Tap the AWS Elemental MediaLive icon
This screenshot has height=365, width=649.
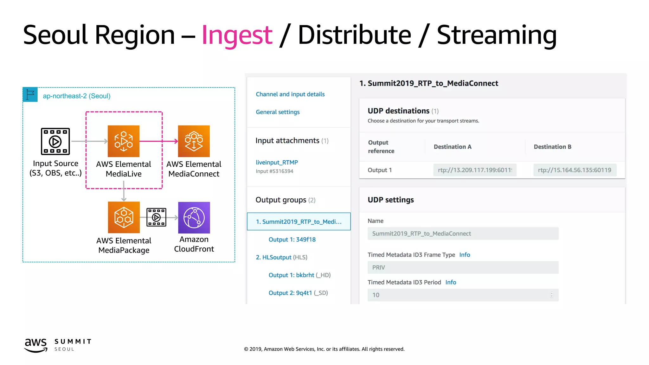tap(124, 141)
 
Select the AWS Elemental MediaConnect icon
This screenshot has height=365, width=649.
tap(194, 141)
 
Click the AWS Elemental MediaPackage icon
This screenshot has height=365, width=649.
tap(124, 217)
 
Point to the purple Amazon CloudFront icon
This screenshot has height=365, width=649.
tap(194, 218)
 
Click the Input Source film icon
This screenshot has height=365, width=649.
tap(55, 141)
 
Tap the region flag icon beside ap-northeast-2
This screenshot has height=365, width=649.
tap(30, 95)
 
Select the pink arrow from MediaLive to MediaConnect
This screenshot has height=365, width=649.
tap(158, 141)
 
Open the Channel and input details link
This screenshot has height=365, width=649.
tap(290, 94)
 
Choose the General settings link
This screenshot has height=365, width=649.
tap(278, 112)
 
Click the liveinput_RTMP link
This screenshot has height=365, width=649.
tap(277, 162)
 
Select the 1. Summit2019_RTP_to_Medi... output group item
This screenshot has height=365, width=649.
tap(299, 221)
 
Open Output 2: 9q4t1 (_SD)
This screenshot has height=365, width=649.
tap(298, 293)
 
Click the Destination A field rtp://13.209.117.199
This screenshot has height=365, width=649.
tap(475, 170)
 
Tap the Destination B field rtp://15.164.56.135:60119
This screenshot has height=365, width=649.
tap(575, 170)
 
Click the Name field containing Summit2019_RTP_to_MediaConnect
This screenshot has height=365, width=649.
tap(463, 234)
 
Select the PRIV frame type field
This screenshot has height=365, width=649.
tap(463, 267)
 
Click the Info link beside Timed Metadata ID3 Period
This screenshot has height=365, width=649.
tap(451, 282)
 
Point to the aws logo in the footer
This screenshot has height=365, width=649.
tap(36, 345)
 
